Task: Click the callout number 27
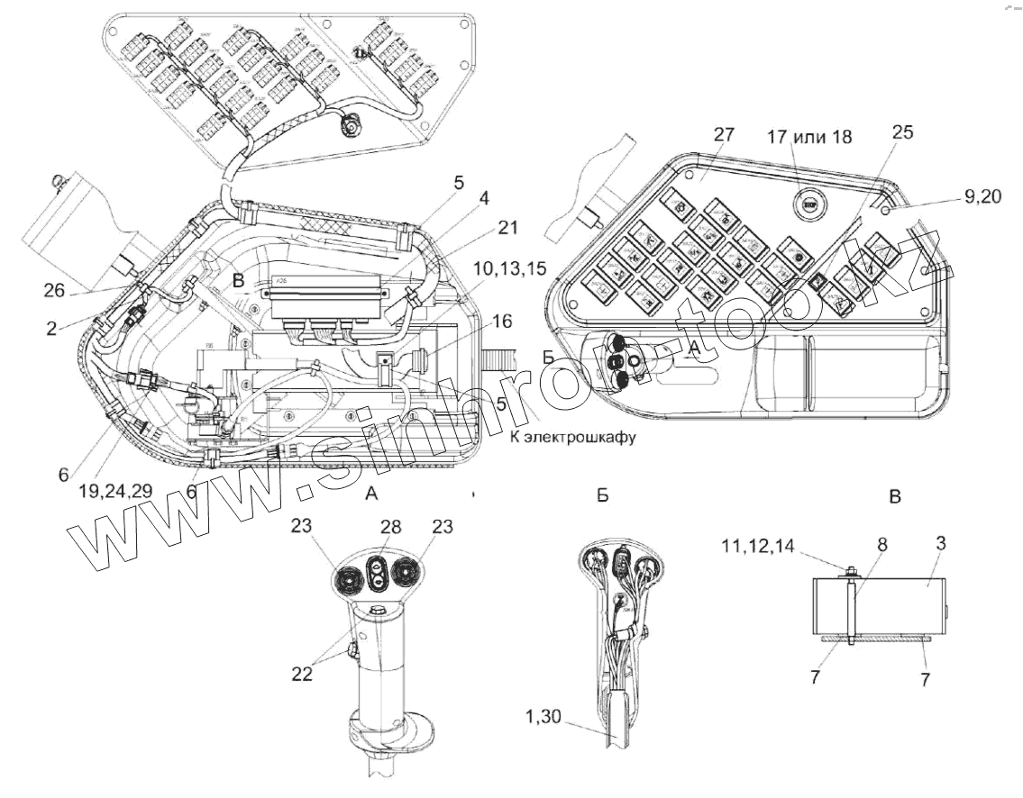point(724,136)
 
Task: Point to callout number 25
point(901,132)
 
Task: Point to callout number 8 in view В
point(881,545)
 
